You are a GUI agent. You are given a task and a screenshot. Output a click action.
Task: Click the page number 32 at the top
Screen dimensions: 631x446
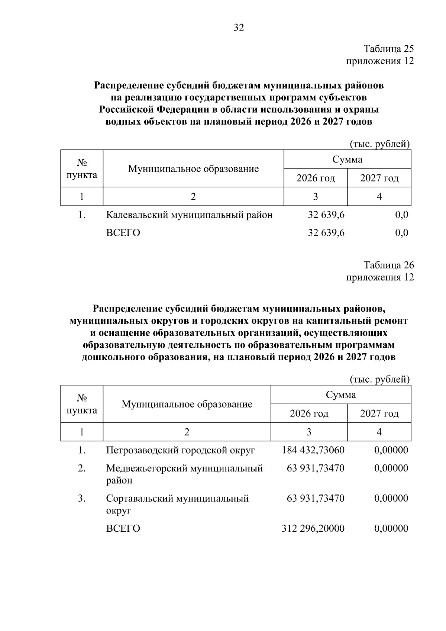(x=239, y=28)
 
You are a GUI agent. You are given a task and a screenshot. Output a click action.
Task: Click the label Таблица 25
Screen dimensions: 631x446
(x=388, y=49)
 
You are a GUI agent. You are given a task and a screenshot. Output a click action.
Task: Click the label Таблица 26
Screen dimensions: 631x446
(x=388, y=265)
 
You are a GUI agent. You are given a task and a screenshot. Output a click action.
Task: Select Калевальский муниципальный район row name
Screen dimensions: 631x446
(x=189, y=215)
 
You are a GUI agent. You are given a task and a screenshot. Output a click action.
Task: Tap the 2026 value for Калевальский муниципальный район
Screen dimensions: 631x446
(x=326, y=215)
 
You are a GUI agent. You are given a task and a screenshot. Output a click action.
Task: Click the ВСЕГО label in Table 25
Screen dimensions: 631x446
(x=123, y=233)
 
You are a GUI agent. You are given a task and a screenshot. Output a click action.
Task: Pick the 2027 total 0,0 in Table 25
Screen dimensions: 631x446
(x=402, y=233)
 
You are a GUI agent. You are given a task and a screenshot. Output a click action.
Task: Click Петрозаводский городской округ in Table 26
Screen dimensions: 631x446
(x=180, y=450)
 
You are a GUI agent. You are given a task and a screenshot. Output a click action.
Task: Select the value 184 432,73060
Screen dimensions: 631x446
(x=313, y=450)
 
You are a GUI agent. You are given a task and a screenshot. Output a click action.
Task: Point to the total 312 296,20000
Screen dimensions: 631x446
(x=313, y=528)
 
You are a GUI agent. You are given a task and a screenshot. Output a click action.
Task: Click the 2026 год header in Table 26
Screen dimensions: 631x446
(x=309, y=413)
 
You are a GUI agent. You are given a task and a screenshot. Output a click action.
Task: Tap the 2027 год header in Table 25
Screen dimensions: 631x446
(x=379, y=178)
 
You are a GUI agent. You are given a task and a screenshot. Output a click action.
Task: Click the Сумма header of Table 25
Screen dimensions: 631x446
(x=347, y=160)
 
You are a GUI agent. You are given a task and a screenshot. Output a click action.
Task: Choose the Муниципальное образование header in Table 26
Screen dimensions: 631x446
(x=187, y=404)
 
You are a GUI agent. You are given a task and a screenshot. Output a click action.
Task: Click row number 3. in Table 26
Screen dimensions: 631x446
(x=82, y=498)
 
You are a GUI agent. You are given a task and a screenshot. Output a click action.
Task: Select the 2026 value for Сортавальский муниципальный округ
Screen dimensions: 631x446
(x=316, y=498)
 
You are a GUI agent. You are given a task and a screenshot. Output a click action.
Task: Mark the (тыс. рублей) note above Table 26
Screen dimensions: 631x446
(x=379, y=379)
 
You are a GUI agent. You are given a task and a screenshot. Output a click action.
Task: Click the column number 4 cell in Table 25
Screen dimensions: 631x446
(x=379, y=196)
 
